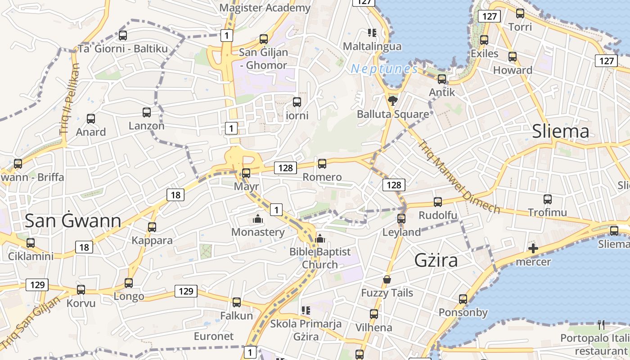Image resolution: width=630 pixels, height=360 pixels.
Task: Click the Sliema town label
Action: (x=560, y=131)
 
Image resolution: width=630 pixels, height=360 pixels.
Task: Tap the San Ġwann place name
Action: (x=73, y=221)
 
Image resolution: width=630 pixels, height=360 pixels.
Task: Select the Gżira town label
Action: (x=436, y=261)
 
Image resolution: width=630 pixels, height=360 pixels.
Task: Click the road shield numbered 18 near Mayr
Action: (x=175, y=195)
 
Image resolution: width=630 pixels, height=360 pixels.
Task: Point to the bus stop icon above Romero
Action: (x=322, y=164)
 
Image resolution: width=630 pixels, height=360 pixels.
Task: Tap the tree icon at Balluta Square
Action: (x=393, y=100)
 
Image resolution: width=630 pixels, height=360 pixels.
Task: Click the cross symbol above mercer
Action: (x=533, y=248)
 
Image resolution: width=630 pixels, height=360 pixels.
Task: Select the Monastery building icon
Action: (x=258, y=219)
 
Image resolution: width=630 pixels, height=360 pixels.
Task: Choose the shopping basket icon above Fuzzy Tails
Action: (x=387, y=280)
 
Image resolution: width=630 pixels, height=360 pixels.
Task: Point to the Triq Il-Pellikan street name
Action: (x=70, y=99)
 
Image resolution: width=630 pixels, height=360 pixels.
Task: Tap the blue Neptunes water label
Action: (x=384, y=69)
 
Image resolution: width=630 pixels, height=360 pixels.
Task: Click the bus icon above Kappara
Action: (x=152, y=227)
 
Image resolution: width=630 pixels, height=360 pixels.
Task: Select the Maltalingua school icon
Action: (x=372, y=32)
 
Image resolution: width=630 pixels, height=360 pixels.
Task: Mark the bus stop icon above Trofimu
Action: (x=548, y=199)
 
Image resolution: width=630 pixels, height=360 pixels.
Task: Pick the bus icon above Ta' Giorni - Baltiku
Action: (x=122, y=35)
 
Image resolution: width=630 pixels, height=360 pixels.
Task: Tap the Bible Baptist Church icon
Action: (x=320, y=238)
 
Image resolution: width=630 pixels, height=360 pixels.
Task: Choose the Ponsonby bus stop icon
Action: (x=463, y=299)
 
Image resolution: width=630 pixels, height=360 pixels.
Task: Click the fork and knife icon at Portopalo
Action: (x=601, y=324)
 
